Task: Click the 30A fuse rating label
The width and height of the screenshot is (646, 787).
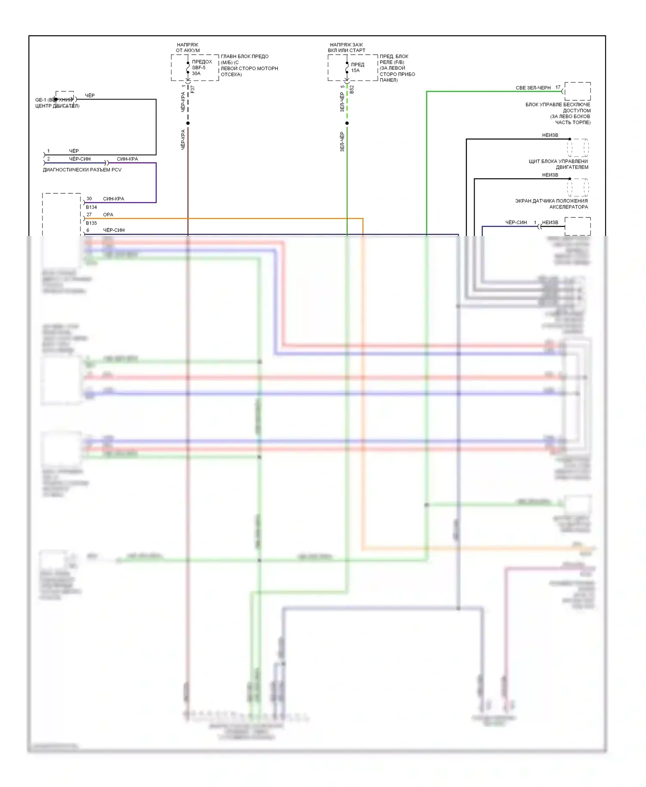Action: tap(196, 74)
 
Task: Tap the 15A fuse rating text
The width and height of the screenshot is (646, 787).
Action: tap(355, 71)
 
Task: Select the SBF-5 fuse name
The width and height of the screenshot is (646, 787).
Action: tap(199, 68)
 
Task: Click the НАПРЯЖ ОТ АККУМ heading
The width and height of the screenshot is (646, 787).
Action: tap(188, 47)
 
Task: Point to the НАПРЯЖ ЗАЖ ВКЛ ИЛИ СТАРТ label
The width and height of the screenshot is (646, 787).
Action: tap(346, 47)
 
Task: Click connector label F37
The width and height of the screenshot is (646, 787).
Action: tap(193, 89)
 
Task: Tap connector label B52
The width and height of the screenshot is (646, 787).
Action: tap(352, 89)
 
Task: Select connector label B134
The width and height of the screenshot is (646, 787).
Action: tap(91, 207)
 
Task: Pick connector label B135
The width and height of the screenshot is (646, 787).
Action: tap(91, 223)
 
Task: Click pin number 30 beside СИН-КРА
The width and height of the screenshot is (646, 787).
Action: tap(89, 199)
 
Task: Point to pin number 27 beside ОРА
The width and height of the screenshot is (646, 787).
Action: tap(89, 214)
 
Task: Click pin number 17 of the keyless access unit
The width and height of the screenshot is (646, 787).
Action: tap(558, 87)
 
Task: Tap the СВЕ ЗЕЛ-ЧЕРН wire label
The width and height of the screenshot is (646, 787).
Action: tap(533, 88)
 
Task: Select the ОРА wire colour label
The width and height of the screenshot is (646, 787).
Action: tap(108, 214)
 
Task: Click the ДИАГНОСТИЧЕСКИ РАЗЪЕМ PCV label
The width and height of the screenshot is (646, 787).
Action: tap(82, 170)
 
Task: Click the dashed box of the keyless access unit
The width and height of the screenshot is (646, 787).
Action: tap(578, 91)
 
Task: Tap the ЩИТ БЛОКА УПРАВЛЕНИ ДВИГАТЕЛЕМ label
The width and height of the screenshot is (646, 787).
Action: tap(558, 164)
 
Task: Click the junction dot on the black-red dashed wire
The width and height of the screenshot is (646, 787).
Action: tap(188, 123)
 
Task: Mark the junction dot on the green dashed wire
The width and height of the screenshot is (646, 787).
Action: tap(347, 123)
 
